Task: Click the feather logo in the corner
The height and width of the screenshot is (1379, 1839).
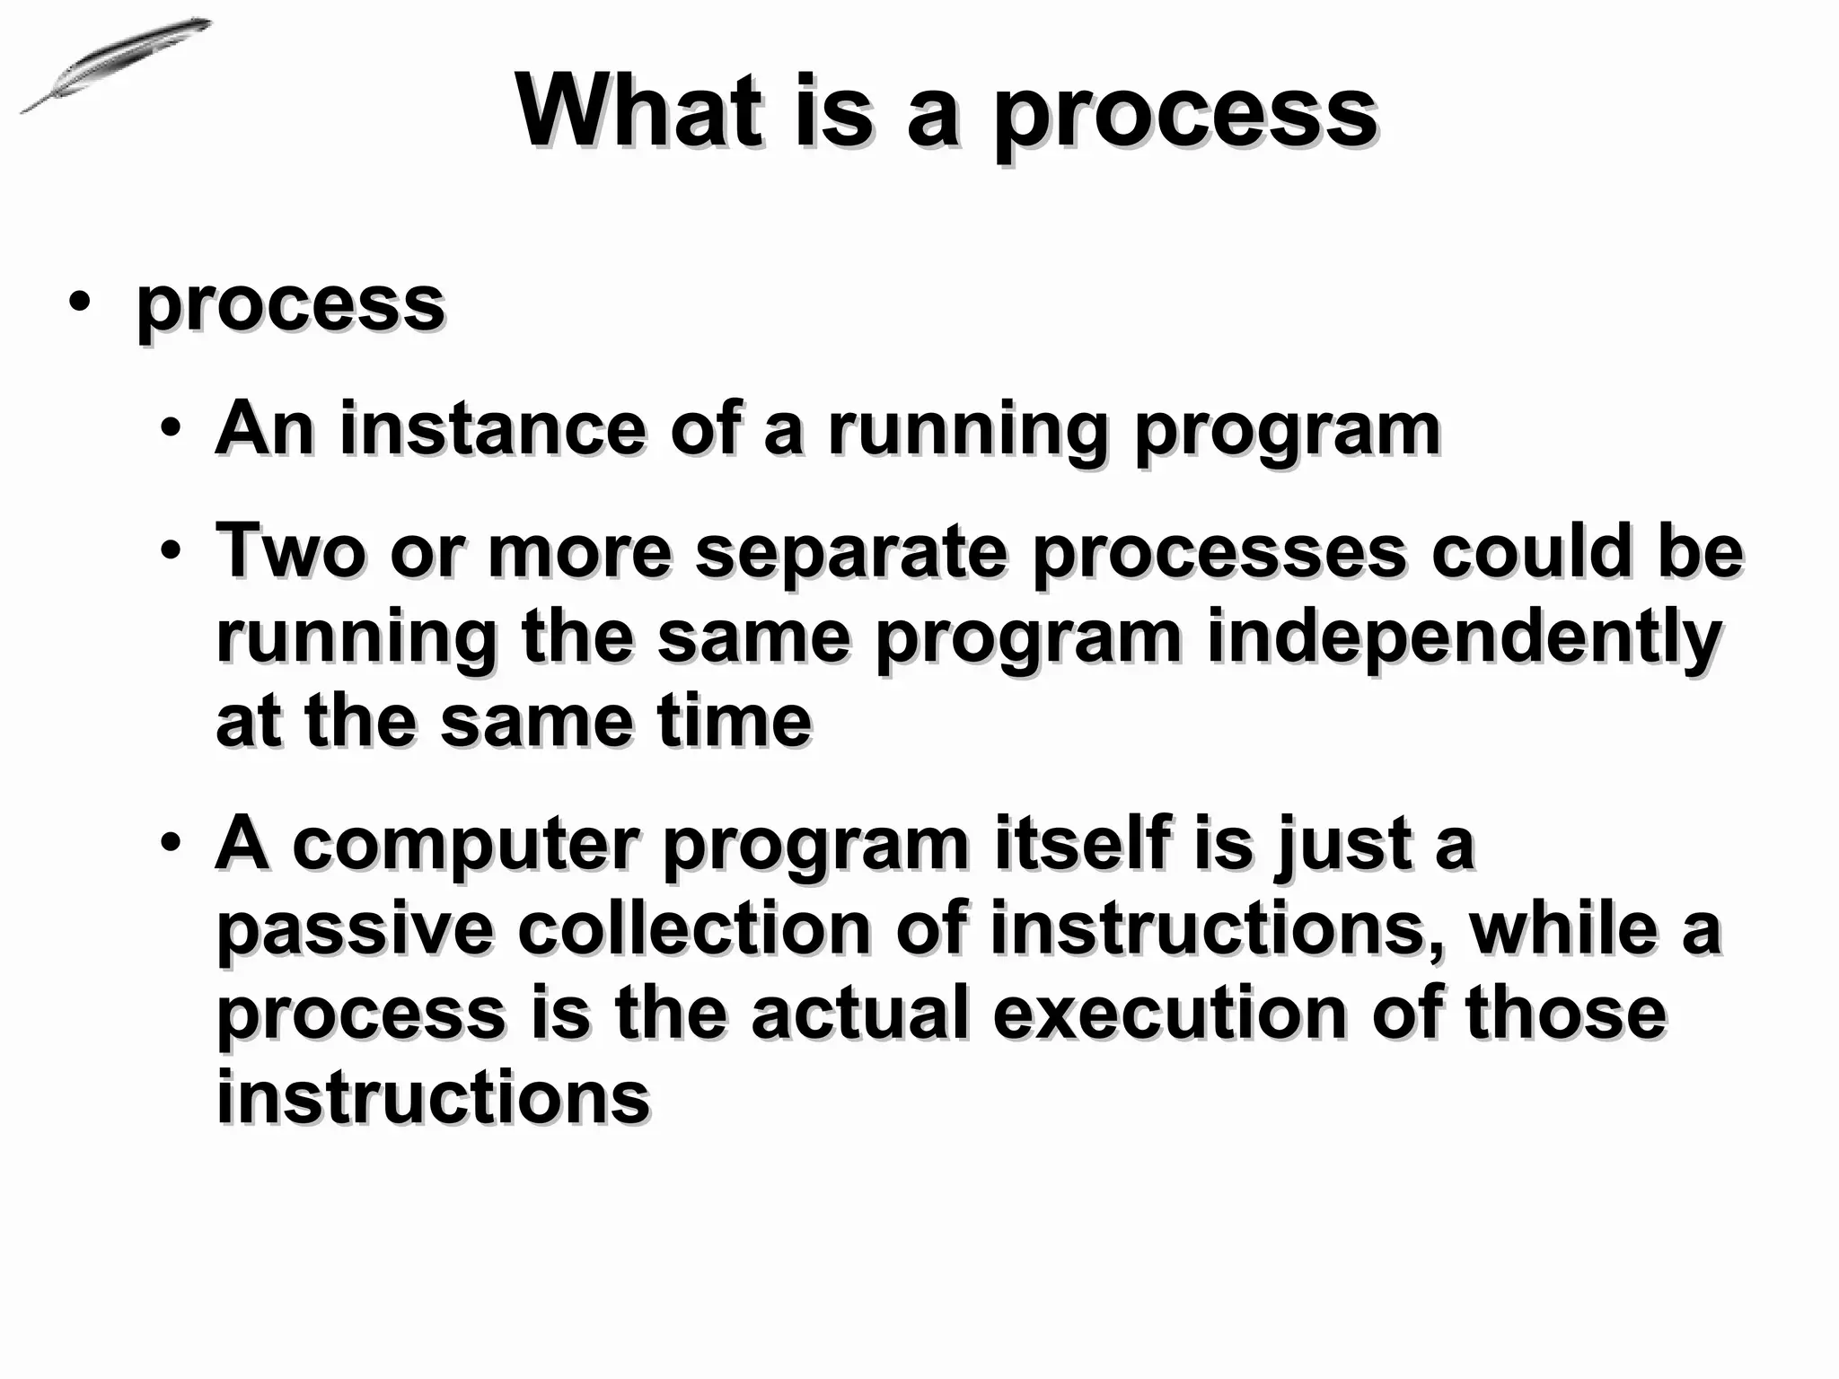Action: tap(115, 65)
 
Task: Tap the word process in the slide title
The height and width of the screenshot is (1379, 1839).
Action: tap(1184, 117)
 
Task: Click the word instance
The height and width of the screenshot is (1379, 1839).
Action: tap(492, 428)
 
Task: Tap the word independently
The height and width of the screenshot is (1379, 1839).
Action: tap(1463, 639)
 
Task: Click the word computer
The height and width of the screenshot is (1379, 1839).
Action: tap(466, 846)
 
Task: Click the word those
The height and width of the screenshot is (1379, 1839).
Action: tap(1565, 1014)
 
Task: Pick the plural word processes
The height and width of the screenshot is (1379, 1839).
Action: tap(1219, 553)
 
